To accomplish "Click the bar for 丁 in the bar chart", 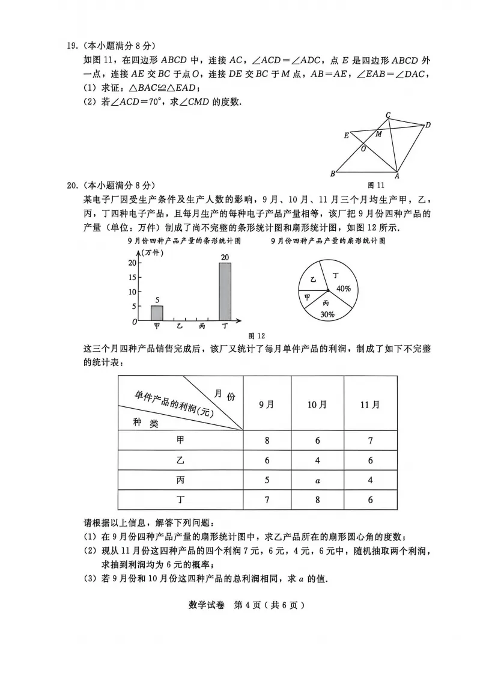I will (225, 292).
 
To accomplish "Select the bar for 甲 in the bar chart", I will (157, 313).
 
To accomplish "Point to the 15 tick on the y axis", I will (132, 277).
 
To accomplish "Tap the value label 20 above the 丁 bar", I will (225, 258).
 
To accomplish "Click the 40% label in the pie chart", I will (344, 289).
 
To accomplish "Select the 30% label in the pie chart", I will (327, 314).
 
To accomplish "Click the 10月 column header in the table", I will (317, 404).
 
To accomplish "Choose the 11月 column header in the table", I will (370, 404).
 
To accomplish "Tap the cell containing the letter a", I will (317, 481).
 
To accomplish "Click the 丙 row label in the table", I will (180, 480).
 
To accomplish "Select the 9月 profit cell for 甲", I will (267, 441).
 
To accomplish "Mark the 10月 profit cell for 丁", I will (317, 500).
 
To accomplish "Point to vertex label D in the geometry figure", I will (428, 125).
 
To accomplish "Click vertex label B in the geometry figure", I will (332, 174).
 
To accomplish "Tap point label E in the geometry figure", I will (346, 135).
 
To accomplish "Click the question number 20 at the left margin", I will (73, 186).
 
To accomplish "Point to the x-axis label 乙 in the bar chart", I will (180, 326).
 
